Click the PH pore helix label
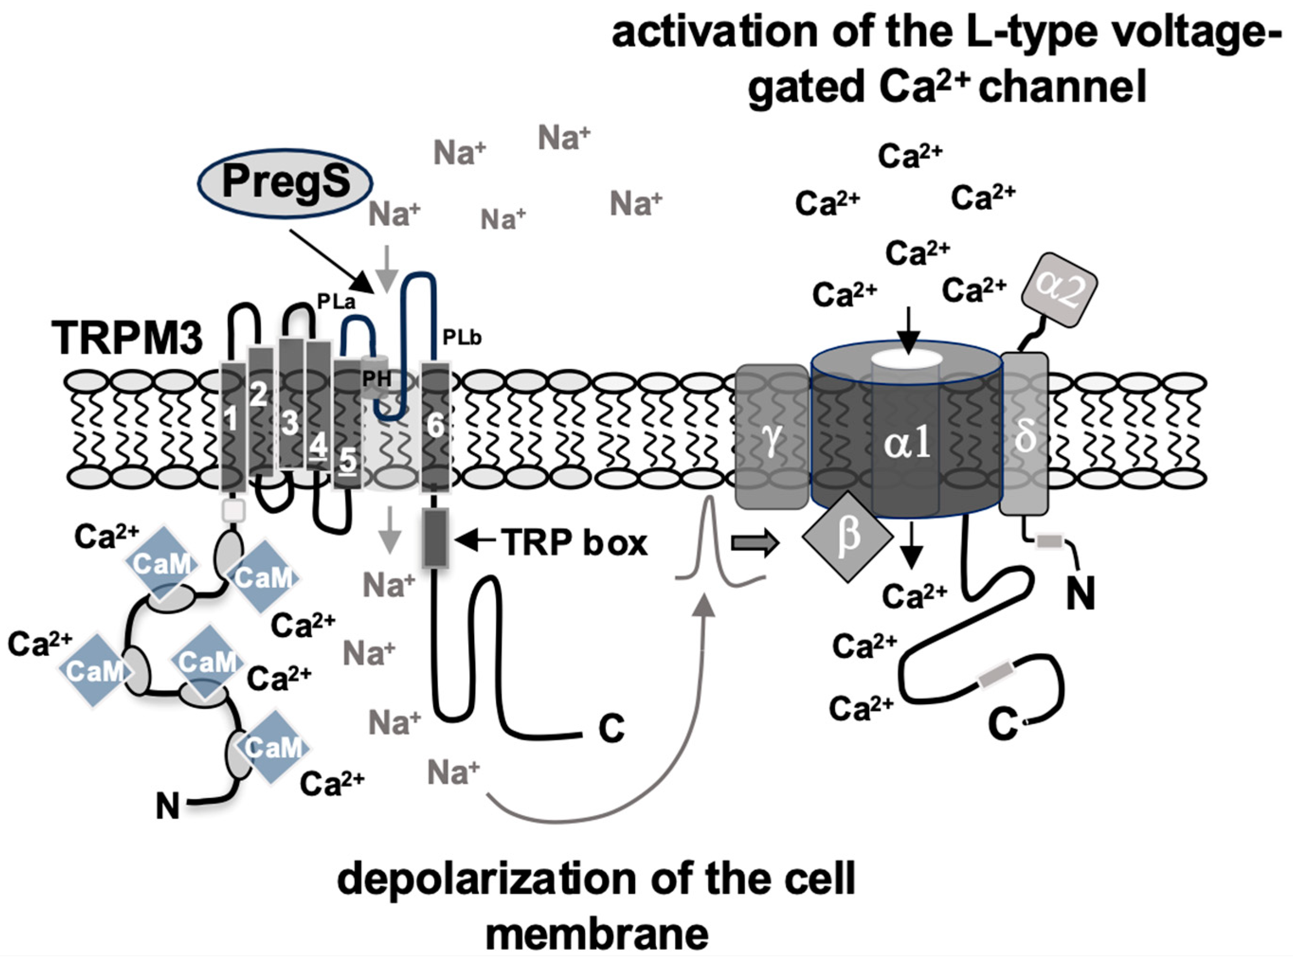coord(377,379)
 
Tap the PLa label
coord(336,301)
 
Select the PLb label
coord(462,337)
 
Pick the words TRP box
coord(575,542)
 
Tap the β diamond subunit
coord(847,535)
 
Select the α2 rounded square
coord(1060,289)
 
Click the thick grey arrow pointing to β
coord(754,543)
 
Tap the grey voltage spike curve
coord(709,541)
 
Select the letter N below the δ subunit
coord(1080,593)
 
